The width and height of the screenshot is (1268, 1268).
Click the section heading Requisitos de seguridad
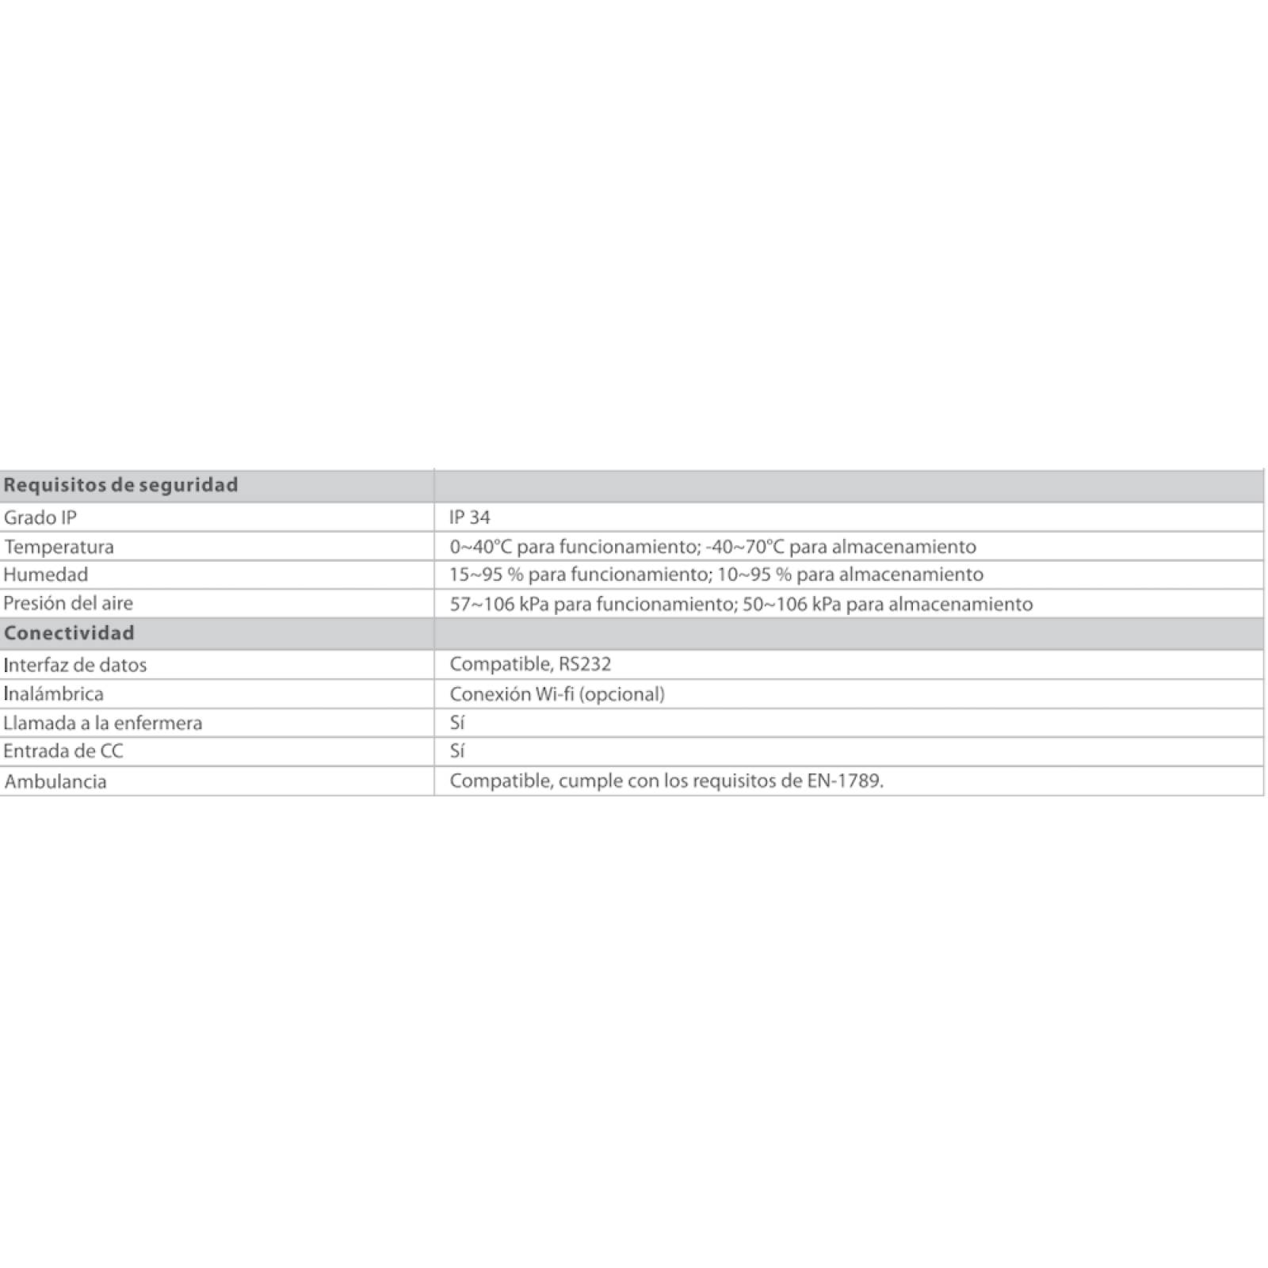click(x=120, y=485)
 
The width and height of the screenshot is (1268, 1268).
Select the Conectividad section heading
click(x=69, y=633)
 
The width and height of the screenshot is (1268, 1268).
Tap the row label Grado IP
click(x=40, y=518)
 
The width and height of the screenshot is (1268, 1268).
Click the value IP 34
click(x=469, y=518)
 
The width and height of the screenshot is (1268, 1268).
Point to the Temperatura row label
click(x=59, y=547)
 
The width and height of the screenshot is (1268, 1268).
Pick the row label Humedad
click(x=45, y=575)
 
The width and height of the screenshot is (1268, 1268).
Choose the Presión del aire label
click(x=68, y=603)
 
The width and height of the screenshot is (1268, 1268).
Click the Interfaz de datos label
click(x=75, y=665)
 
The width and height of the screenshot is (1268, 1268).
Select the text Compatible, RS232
click(x=529, y=664)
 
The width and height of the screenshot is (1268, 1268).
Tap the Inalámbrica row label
click(x=53, y=694)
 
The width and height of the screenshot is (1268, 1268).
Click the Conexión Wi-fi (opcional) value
click(x=556, y=694)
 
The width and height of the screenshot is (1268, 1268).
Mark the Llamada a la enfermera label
click(x=103, y=723)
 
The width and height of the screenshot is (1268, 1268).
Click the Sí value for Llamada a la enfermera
click(x=456, y=723)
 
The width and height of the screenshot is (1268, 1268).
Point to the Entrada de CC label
click(x=63, y=751)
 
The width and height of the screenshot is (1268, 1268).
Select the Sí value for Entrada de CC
click(x=456, y=751)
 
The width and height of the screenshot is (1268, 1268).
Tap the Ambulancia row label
click(x=55, y=781)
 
